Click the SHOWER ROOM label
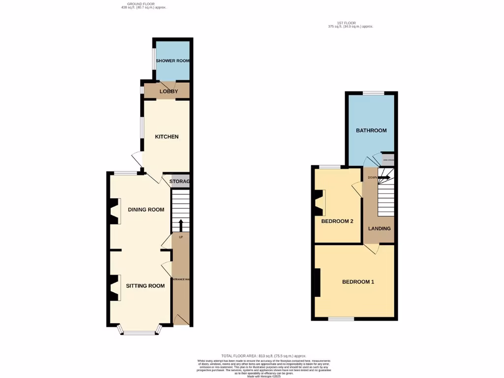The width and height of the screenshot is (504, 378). click(x=173, y=61)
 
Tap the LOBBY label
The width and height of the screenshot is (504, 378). click(x=169, y=92)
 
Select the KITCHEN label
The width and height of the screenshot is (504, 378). click(x=167, y=137)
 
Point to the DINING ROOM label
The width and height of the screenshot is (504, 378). click(x=146, y=210)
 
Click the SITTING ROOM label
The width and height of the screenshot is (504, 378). click(x=145, y=286)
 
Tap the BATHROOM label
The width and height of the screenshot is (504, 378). click(x=372, y=131)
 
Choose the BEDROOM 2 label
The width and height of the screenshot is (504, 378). click(x=337, y=221)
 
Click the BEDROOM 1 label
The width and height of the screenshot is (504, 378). click(x=358, y=282)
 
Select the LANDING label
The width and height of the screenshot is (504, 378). click(x=379, y=228)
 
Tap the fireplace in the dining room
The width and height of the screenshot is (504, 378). click(x=115, y=211)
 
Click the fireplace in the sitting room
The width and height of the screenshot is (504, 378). click(x=115, y=287)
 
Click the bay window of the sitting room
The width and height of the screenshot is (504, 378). click(x=139, y=332)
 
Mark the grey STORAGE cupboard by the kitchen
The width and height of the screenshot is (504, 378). click(x=180, y=182)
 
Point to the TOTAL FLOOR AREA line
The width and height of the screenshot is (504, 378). click(x=264, y=356)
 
